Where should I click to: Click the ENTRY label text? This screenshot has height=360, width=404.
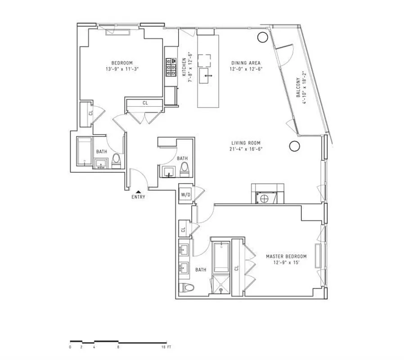pos(138,197)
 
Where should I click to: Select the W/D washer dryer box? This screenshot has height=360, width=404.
pos(185,194)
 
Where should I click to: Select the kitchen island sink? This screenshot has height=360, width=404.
pos(207,75)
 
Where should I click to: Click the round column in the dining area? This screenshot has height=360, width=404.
pos(261,37)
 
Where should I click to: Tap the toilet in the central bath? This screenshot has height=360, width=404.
pos(184,169)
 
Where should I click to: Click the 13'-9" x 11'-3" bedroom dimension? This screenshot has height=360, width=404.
pos(122,69)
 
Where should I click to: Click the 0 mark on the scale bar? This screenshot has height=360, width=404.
pos(70,347)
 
